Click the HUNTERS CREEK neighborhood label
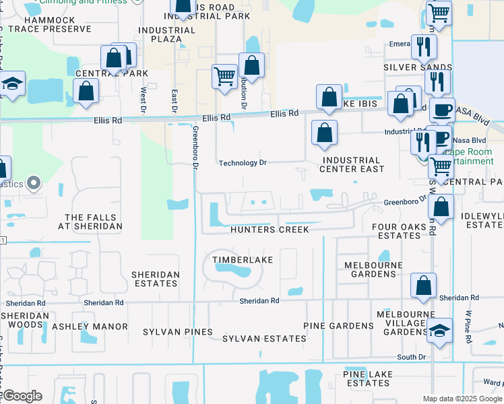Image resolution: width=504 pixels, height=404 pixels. [270, 230]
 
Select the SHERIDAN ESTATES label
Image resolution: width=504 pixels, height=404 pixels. [156, 279]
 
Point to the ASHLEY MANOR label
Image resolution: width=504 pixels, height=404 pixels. [90, 327]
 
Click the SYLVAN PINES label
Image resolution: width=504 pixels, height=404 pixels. [178, 332]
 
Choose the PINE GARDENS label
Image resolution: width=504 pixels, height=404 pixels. [338, 326]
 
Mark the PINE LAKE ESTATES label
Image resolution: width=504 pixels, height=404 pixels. [367, 378]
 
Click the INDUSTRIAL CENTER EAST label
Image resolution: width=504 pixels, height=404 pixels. [352, 164]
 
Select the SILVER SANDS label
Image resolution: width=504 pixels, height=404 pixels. [418, 67]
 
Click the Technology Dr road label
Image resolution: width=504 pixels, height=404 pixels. [243, 163]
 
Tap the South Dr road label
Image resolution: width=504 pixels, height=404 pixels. [411, 357]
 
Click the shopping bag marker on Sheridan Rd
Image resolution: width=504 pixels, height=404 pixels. [424, 285]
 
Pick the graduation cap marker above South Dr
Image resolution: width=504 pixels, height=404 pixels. [439, 331]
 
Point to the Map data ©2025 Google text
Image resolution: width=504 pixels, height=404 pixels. [462, 399]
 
